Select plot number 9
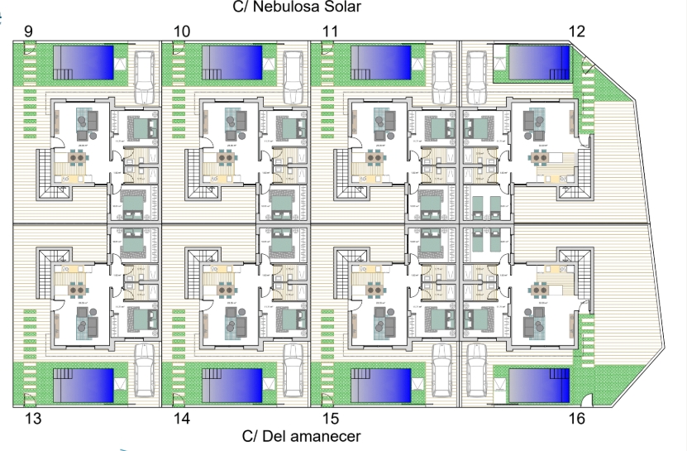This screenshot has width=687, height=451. [x=29, y=31]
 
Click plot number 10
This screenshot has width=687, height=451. [x=182, y=31]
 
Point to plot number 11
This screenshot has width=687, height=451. [x=331, y=31]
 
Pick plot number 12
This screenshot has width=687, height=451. [x=577, y=31]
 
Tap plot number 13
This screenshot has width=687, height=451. [x=33, y=419]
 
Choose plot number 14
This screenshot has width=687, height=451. [x=182, y=419]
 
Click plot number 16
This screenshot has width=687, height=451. [x=577, y=419]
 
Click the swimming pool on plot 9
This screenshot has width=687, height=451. [x=83, y=62]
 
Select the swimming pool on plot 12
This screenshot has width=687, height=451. [x=538, y=62]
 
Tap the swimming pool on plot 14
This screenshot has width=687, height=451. [x=231, y=386]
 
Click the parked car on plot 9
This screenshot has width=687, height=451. [x=143, y=73]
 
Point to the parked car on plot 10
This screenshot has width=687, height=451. [x=292, y=73]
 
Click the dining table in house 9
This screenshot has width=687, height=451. [x=77, y=157]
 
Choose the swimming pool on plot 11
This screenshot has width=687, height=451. [x=381, y=62]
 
